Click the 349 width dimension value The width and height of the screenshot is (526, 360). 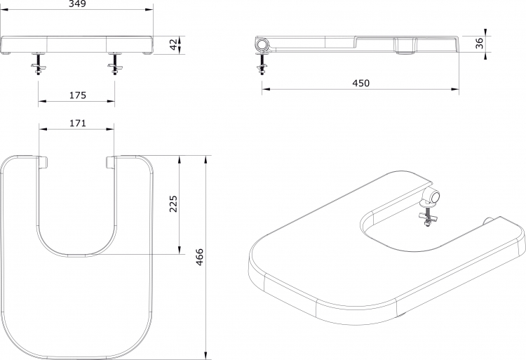point(78,4)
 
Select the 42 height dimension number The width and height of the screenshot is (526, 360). point(174,45)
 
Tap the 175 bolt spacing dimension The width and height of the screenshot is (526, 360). point(78,95)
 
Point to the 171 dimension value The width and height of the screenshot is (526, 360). point(78,123)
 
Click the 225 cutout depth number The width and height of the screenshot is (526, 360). point(173,204)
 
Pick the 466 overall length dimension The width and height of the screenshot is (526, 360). point(200,257)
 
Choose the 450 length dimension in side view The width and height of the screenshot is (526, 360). point(360,83)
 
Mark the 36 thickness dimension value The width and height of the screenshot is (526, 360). point(480,44)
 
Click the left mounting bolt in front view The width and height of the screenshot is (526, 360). point(38,63)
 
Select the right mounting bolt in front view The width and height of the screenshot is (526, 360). point(115,63)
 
